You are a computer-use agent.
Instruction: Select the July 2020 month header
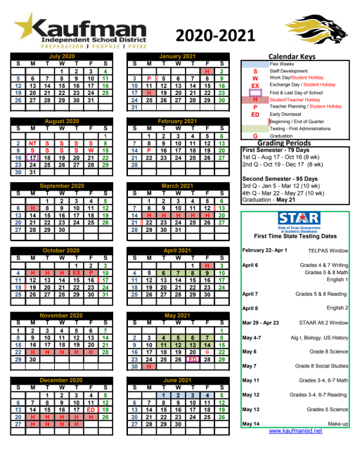[x=62, y=56]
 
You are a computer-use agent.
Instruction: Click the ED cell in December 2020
[x=91, y=409]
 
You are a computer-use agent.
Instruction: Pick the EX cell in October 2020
[x=77, y=273]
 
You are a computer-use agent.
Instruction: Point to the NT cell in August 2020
[x=32, y=143]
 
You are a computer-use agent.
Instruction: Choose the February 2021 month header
[x=177, y=121]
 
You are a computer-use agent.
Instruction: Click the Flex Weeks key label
[x=282, y=64]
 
